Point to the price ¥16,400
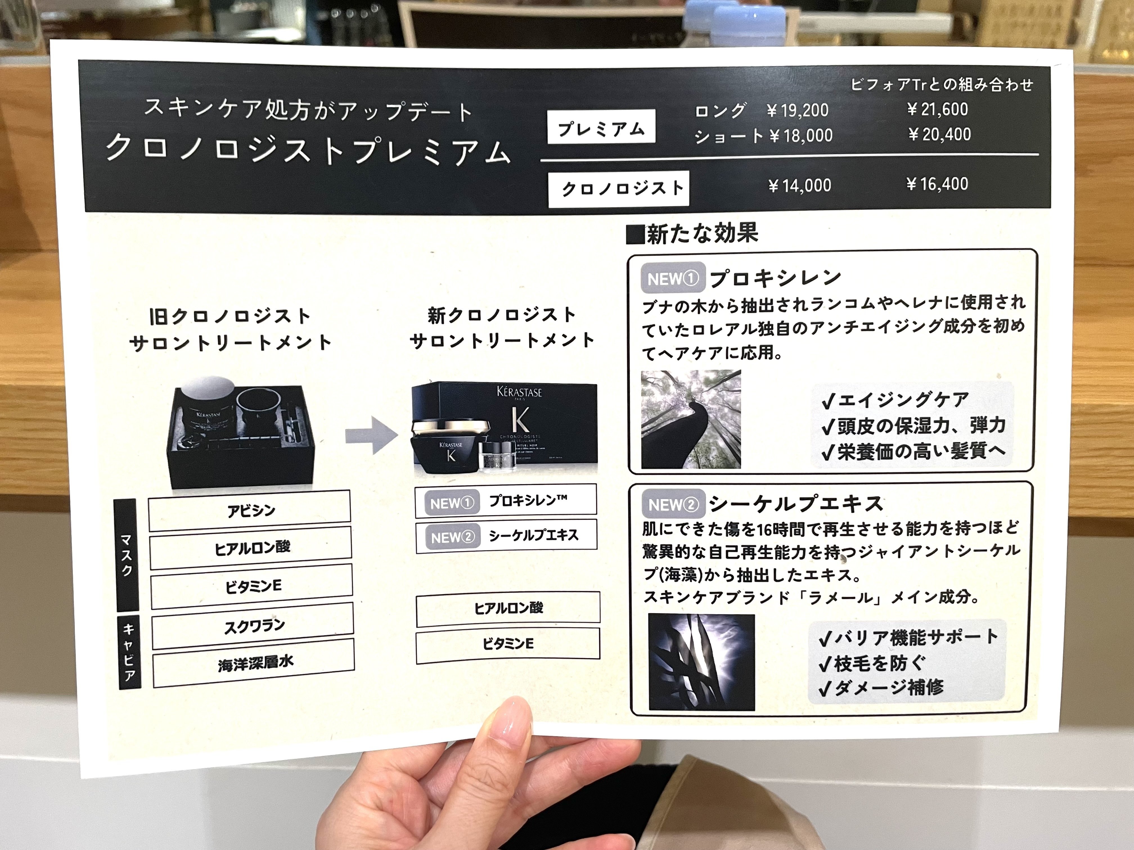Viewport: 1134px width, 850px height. point(937,184)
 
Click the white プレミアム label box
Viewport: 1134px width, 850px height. point(601,127)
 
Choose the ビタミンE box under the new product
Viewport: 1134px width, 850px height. point(508,643)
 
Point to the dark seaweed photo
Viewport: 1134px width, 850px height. point(701,661)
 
